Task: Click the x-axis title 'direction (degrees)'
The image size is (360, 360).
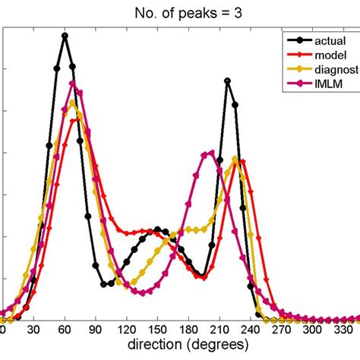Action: [180, 345]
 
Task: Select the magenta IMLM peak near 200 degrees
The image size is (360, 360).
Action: [210, 153]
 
